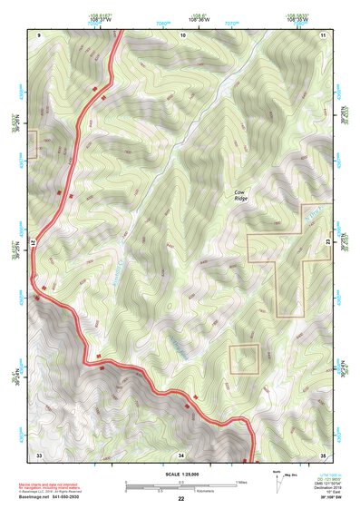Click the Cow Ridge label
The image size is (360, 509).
239,196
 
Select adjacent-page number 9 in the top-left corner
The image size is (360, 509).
40,34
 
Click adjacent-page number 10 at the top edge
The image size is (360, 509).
182,34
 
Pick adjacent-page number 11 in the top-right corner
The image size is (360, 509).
324,34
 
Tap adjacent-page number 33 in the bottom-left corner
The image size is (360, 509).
39,454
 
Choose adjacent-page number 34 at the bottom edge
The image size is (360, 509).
181,454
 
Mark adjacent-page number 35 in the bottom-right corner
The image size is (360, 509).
324,454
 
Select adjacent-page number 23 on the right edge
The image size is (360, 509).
328,243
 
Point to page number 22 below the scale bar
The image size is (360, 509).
181,499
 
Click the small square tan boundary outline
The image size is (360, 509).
244,359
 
